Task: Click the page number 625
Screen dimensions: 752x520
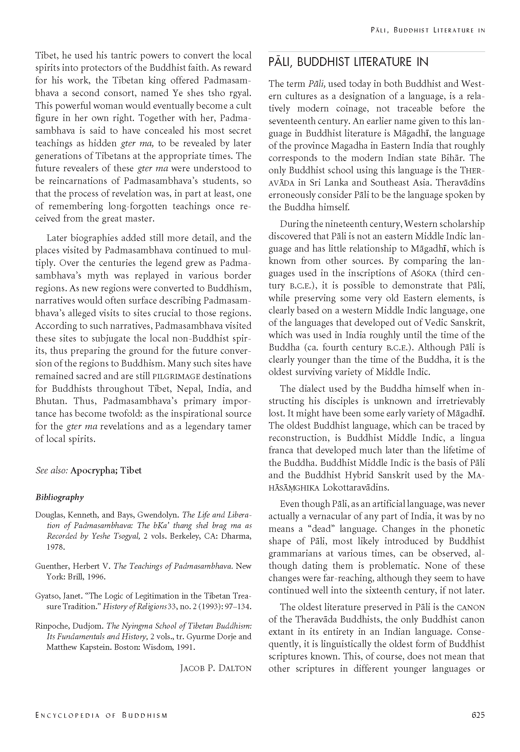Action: point(478,715)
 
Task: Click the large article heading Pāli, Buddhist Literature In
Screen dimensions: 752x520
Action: point(348,62)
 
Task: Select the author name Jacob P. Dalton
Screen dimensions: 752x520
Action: point(216,668)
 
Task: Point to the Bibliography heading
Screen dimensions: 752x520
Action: point(59,497)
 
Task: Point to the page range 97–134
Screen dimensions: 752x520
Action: point(235,607)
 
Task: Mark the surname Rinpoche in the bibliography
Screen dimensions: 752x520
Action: point(52,626)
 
